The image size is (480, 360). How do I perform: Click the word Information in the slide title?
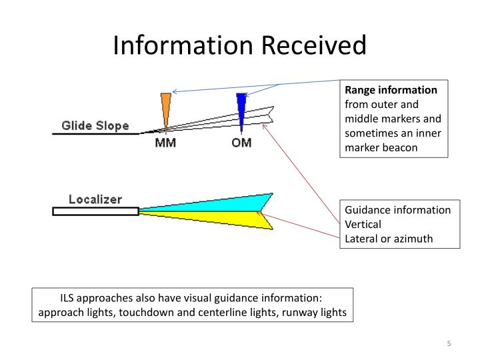tap(175, 45)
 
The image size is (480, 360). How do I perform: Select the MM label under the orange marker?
tap(165, 143)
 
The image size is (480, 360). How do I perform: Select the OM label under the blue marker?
tap(241, 143)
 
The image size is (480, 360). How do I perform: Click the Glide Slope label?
tap(95, 125)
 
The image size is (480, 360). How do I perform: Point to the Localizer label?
tap(96, 199)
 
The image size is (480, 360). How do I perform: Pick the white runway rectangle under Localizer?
tap(95, 211)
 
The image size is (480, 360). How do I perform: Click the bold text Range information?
tap(391, 90)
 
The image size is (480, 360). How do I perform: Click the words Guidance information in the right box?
tap(397, 210)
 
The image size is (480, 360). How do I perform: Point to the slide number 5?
tap(449, 343)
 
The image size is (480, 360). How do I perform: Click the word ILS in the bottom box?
tap(69, 298)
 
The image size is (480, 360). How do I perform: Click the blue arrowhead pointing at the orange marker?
tap(175, 91)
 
